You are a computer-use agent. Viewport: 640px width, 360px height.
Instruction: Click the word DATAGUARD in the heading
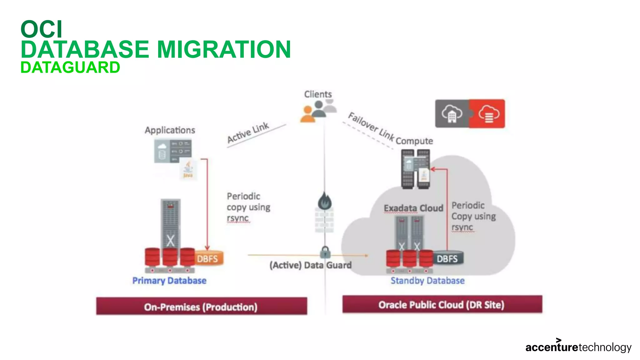coord(70,67)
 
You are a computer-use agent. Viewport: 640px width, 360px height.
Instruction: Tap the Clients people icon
coord(318,111)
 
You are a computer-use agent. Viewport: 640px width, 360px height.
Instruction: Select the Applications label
coord(170,130)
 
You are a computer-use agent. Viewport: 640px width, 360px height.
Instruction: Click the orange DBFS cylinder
coord(208,258)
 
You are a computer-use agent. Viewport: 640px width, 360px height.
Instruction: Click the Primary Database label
coord(169,281)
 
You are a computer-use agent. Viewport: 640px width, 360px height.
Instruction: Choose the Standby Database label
coord(427,281)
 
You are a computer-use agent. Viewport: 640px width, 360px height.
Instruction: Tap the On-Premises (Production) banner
coord(202,306)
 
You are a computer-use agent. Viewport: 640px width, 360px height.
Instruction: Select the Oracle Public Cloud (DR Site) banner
coord(442,304)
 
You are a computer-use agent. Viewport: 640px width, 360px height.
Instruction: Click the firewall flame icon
coord(325,201)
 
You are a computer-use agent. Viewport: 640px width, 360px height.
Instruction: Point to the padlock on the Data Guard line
coord(325,251)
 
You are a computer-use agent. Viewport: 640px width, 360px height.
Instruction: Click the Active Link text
coord(248,132)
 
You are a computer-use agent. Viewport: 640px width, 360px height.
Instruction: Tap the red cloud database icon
coord(488,114)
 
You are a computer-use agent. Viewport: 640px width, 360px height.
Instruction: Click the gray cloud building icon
coord(452,114)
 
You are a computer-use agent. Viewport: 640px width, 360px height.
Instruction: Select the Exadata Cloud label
coord(413,208)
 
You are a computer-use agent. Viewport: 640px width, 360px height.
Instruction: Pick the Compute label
coord(414,141)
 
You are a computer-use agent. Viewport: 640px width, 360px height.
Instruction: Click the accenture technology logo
coord(578,347)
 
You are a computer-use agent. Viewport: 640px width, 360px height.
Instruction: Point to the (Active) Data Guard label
coord(310,265)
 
